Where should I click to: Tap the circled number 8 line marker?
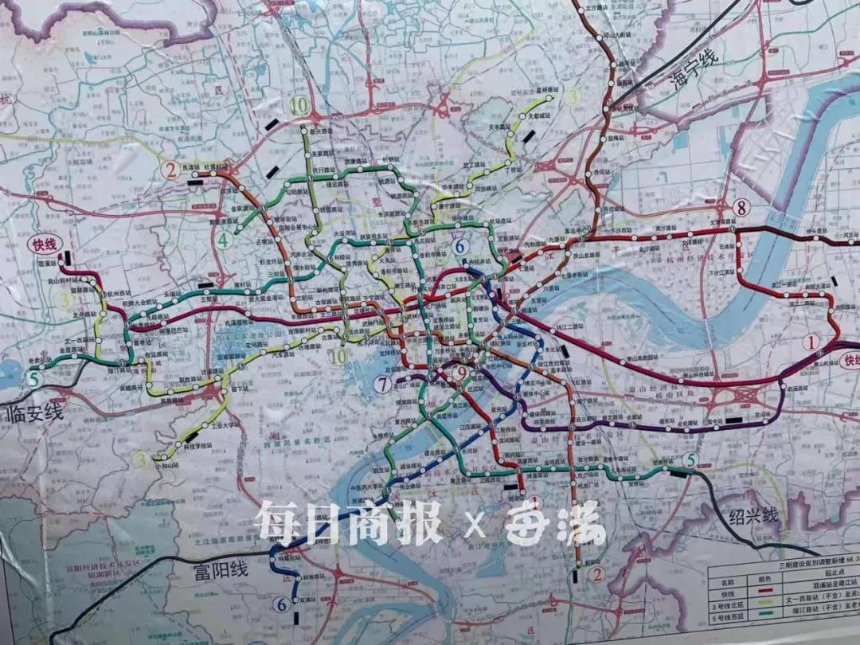[742, 209]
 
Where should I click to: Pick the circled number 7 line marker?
[383, 385]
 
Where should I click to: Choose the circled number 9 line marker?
[459, 372]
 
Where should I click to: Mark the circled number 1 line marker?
[811, 343]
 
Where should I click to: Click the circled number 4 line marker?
[225, 239]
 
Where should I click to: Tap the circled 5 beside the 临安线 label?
[33, 379]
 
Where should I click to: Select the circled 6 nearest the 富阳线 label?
[280, 604]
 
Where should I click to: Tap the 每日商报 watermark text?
[348, 523]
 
